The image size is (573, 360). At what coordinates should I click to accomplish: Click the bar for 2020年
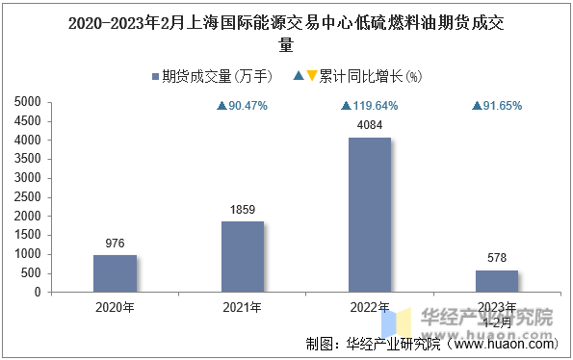point(115,273)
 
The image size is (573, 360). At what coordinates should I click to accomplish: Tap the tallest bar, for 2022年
point(370,215)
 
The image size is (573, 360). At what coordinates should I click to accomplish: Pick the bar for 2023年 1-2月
point(497,281)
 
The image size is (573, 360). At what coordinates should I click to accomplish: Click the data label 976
point(115,244)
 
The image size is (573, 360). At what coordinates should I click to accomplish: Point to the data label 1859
point(243,210)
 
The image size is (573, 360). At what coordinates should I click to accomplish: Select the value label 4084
point(370,126)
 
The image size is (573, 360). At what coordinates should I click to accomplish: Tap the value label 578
point(497,259)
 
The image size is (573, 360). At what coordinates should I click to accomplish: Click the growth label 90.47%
point(243,106)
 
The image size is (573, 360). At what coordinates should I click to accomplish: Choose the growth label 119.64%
point(370,106)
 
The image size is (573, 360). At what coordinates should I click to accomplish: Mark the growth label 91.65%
point(497,106)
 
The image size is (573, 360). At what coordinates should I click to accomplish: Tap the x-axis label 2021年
point(243,308)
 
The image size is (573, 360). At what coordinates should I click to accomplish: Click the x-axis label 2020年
point(115,308)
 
